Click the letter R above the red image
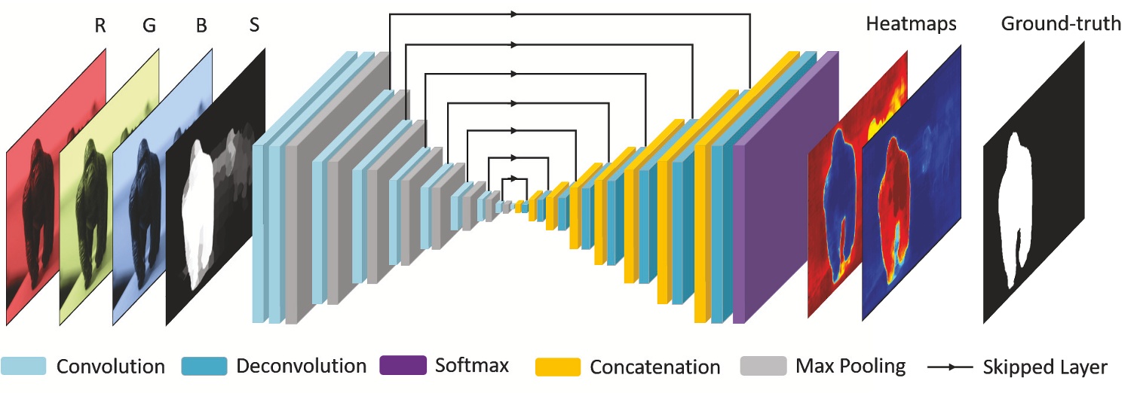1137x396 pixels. (100, 26)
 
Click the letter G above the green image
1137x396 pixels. (149, 26)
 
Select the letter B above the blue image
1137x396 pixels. (201, 26)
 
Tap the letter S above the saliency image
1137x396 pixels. (254, 24)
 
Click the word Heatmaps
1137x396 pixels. (911, 24)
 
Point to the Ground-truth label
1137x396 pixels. (1061, 24)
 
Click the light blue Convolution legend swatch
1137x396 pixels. (23, 366)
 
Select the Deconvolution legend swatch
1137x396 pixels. (204, 366)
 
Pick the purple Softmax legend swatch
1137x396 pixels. (403, 365)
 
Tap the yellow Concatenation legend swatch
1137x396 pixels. (558, 367)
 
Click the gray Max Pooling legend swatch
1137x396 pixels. (764, 366)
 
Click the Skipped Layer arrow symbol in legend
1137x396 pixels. (950, 367)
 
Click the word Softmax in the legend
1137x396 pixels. (472, 365)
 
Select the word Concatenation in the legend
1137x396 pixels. (654, 367)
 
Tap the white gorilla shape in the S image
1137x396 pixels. (198, 213)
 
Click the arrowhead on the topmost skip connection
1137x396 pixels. (513, 14)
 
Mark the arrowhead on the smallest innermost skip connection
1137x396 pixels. (513, 178)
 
